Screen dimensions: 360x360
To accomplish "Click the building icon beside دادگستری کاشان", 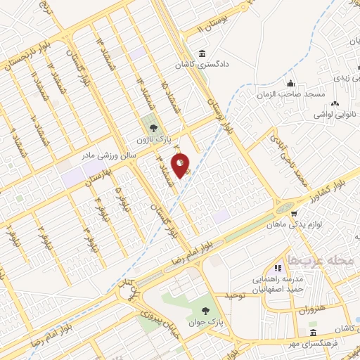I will tap(203, 55).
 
